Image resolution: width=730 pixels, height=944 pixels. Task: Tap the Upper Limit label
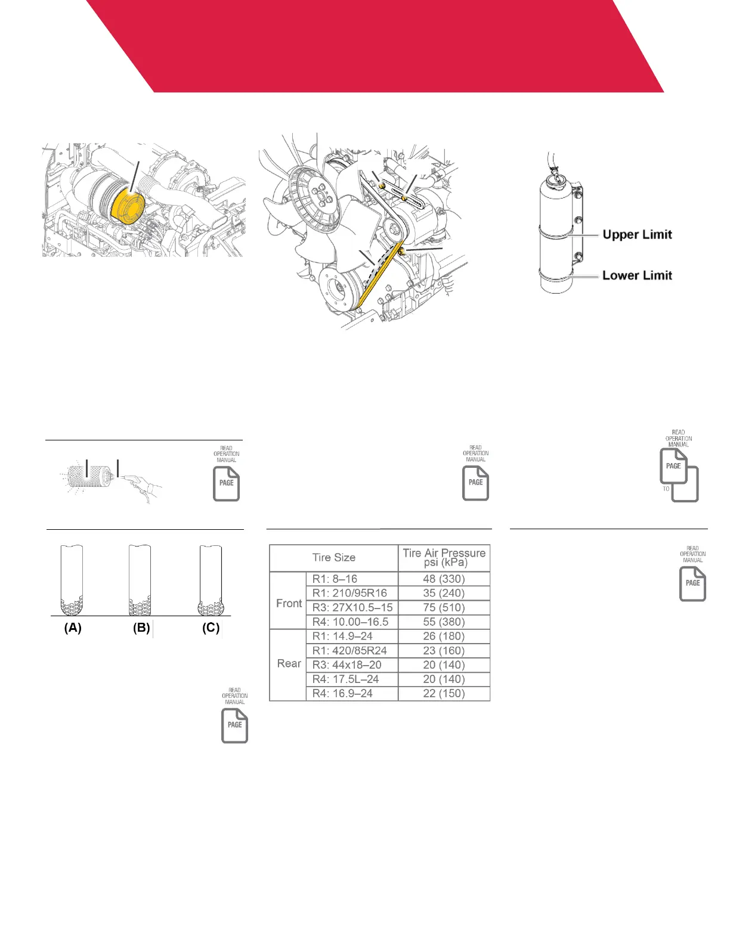click(637, 235)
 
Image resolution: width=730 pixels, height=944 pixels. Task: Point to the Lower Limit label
click(637, 275)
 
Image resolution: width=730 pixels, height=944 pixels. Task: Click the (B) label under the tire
click(141, 628)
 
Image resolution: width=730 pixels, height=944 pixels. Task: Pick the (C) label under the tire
click(211, 628)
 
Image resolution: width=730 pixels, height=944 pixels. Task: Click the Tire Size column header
click(333, 558)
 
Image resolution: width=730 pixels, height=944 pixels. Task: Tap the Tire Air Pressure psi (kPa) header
click(444, 558)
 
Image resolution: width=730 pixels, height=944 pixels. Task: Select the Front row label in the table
click(289, 603)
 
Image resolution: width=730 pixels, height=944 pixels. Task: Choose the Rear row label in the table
click(289, 664)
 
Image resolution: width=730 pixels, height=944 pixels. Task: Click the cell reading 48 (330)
click(444, 579)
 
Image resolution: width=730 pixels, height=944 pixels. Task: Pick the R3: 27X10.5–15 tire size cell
click(352, 607)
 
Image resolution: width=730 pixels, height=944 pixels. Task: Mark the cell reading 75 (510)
click(444, 607)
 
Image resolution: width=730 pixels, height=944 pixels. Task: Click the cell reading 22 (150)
click(444, 693)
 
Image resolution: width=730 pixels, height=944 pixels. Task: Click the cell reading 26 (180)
click(444, 636)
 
